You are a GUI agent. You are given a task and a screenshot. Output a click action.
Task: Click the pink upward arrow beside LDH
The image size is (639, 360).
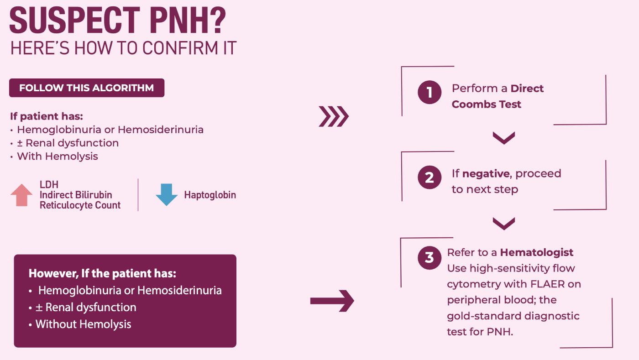(x=21, y=195)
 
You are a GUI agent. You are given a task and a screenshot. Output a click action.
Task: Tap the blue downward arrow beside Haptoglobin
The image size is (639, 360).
(x=167, y=195)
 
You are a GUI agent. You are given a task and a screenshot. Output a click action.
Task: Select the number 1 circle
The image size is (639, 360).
(x=429, y=92)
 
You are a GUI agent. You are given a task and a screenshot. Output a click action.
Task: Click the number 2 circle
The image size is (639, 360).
(x=429, y=177)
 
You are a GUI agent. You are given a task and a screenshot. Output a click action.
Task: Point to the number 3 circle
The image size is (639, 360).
(x=429, y=258)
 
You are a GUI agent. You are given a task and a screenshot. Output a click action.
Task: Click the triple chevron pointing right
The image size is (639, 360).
(x=334, y=116)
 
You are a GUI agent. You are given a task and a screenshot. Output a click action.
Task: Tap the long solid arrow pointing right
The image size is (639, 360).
(x=332, y=301)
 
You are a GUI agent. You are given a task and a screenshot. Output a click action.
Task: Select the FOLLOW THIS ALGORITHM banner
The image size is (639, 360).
(x=87, y=88)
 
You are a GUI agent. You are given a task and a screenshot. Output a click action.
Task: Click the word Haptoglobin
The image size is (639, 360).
(x=210, y=195)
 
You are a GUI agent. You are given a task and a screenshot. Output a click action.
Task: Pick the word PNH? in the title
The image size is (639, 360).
(x=188, y=21)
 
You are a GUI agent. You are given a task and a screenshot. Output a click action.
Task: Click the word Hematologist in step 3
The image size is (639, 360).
(x=537, y=252)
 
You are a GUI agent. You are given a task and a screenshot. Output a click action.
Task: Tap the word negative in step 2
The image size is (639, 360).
(x=486, y=174)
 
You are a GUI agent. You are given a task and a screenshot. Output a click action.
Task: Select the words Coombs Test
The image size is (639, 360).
(x=487, y=104)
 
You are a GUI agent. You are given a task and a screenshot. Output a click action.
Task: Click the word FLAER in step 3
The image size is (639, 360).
(x=547, y=284)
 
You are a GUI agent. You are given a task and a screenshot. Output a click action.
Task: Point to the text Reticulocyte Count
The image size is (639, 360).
(x=80, y=205)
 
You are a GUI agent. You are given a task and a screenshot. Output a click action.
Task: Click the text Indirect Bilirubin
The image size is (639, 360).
(x=76, y=195)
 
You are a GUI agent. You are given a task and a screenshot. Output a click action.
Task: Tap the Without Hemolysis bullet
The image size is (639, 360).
(x=80, y=324)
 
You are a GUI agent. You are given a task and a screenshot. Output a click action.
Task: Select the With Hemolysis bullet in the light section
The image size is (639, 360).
(x=54, y=157)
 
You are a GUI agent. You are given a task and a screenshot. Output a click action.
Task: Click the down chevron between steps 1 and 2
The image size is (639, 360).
(x=504, y=138)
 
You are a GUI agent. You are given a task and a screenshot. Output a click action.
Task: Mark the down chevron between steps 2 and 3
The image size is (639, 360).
(x=504, y=224)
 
